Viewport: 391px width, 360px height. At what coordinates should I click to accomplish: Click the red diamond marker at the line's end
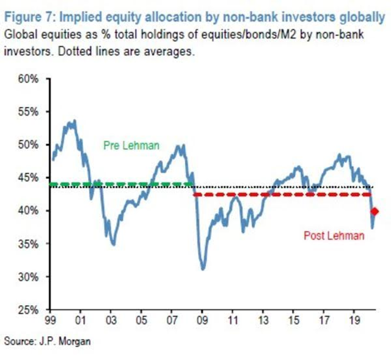click(x=375, y=211)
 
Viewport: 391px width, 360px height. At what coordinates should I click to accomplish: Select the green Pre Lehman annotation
click(x=130, y=145)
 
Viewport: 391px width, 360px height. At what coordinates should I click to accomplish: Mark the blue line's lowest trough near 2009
click(x=203, y=269)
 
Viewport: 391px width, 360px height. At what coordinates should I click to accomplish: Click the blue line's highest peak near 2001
click(x=74, y=120)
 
